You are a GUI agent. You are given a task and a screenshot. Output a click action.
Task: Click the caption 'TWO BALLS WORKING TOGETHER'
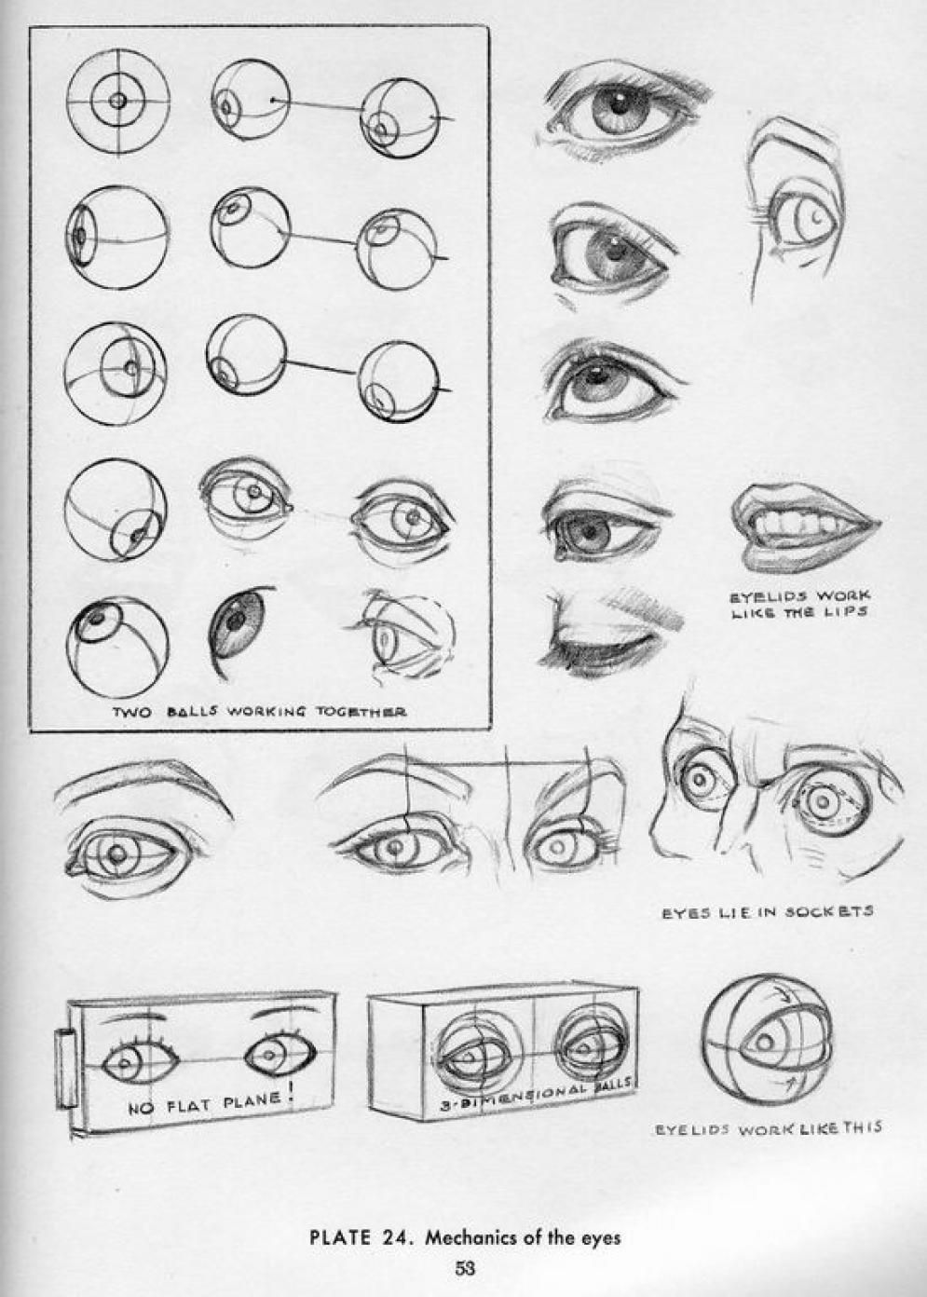[259, 712]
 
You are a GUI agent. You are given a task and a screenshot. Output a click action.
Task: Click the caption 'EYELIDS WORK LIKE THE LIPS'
[799, 603]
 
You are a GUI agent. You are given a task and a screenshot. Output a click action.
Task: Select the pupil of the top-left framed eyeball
[118, 100]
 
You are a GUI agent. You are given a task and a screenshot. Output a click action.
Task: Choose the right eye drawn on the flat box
[271, 1054]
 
